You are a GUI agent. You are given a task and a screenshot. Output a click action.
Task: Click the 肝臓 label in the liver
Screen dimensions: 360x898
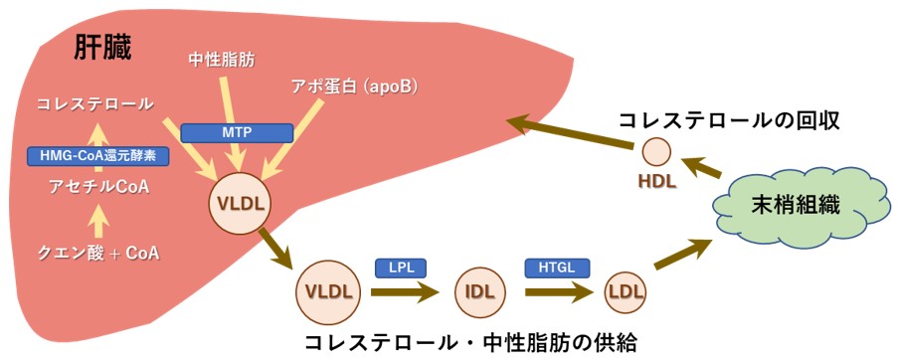[103, 48]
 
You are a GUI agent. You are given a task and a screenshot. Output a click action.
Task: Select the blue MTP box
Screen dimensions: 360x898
[236, 132]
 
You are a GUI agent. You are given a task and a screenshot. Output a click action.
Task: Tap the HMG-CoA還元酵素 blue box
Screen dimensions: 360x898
[97, 155]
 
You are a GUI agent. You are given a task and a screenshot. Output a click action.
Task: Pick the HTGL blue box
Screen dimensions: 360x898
[557, 268]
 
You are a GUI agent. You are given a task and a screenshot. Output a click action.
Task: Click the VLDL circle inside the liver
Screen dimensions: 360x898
[237, 206]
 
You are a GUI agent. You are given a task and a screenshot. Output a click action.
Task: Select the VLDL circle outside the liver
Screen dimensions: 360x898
[327, 292]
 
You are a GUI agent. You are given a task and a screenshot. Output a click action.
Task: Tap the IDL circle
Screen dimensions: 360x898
[478, 292]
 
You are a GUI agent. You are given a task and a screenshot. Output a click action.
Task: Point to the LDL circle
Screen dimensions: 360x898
[625, 292]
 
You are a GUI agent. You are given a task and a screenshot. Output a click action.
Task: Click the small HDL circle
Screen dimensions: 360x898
[656, 152]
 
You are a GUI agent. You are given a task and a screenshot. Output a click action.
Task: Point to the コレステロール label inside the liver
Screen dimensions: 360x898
[95, 103]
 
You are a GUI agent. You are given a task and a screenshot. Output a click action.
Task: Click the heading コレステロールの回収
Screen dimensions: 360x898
[730, 119]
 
